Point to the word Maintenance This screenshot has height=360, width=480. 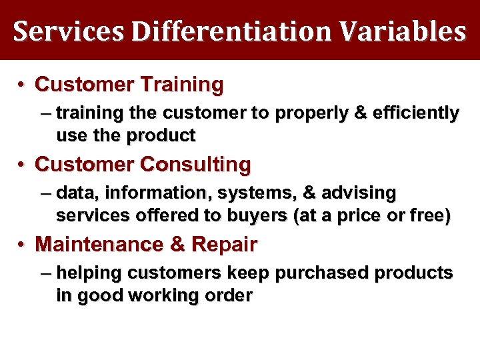[x=101, y=245]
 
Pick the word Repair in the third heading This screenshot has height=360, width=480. [x=224, y=245]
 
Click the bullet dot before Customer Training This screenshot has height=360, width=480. [x=22, y=85]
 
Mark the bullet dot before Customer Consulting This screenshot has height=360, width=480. [x=22, y=165]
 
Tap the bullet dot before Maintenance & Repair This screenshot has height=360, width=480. [x=22, y=245]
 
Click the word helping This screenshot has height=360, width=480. [x=89, y=274]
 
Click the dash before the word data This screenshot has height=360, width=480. [x=45, y=194]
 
